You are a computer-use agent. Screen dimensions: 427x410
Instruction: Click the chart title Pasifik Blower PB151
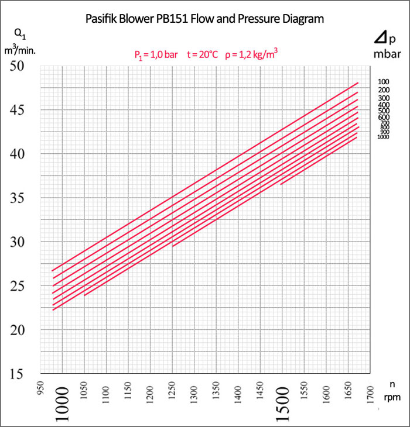tap(204, 19)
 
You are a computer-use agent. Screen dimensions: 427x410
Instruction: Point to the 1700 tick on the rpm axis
tap(371, 388)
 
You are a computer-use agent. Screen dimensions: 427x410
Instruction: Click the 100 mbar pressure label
tap(384, 82)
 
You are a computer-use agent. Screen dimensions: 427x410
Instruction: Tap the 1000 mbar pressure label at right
tap(384, 137)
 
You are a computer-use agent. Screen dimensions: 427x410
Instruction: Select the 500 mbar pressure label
tap(384, 111)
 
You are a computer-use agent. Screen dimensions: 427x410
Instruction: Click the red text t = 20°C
tap(202, 54)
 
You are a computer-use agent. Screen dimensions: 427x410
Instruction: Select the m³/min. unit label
tap(20, 51)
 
